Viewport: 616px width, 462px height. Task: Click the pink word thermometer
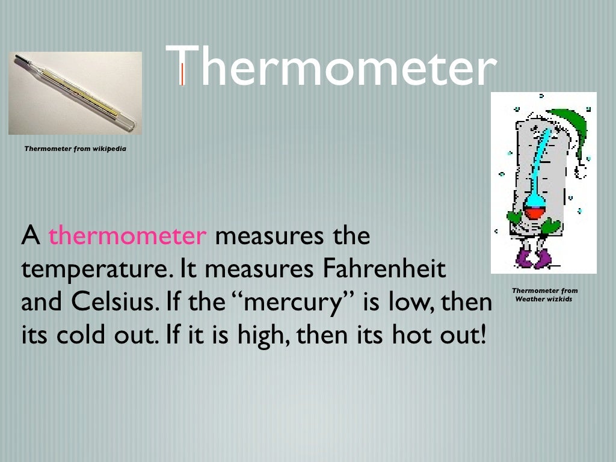click(128, 236)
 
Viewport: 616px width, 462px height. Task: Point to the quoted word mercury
click(294, 303)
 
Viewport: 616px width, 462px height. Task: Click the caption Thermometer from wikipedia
click(75, 148)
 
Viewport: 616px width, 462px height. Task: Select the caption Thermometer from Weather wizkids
click(544, 295)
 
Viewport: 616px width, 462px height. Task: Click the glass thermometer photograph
click(75, 93)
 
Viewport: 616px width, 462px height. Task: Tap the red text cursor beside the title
click(182, 73)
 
